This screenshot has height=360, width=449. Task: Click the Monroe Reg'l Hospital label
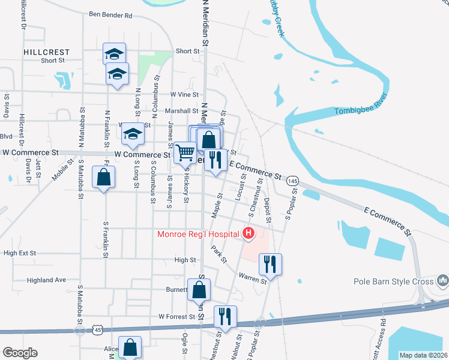(x=199, y=233)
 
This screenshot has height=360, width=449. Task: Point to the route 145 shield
(x=292, y=181)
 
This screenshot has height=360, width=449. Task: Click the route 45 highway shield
(x=97, y=329)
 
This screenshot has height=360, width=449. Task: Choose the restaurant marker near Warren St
(x=270, y=263)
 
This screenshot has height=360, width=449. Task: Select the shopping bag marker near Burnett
(x=199, y=290)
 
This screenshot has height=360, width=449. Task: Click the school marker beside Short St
(x=114, y=54)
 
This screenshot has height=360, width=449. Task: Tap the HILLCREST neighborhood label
(x=47, y=52)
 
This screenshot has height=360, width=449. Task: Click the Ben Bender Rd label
(x=110, y=14)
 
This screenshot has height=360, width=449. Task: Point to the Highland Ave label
(x=47, y=280)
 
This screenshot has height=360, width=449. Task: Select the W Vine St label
(x=184, y=95)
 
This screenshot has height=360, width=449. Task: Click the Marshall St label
(x=182, y=111)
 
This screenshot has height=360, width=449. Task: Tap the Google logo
(x=20, y=353)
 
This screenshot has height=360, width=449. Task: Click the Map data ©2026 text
(x=423, y=355)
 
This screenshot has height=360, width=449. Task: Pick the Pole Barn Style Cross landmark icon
(x=443, y=280)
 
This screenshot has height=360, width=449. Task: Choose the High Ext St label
(x=20, y=253)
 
